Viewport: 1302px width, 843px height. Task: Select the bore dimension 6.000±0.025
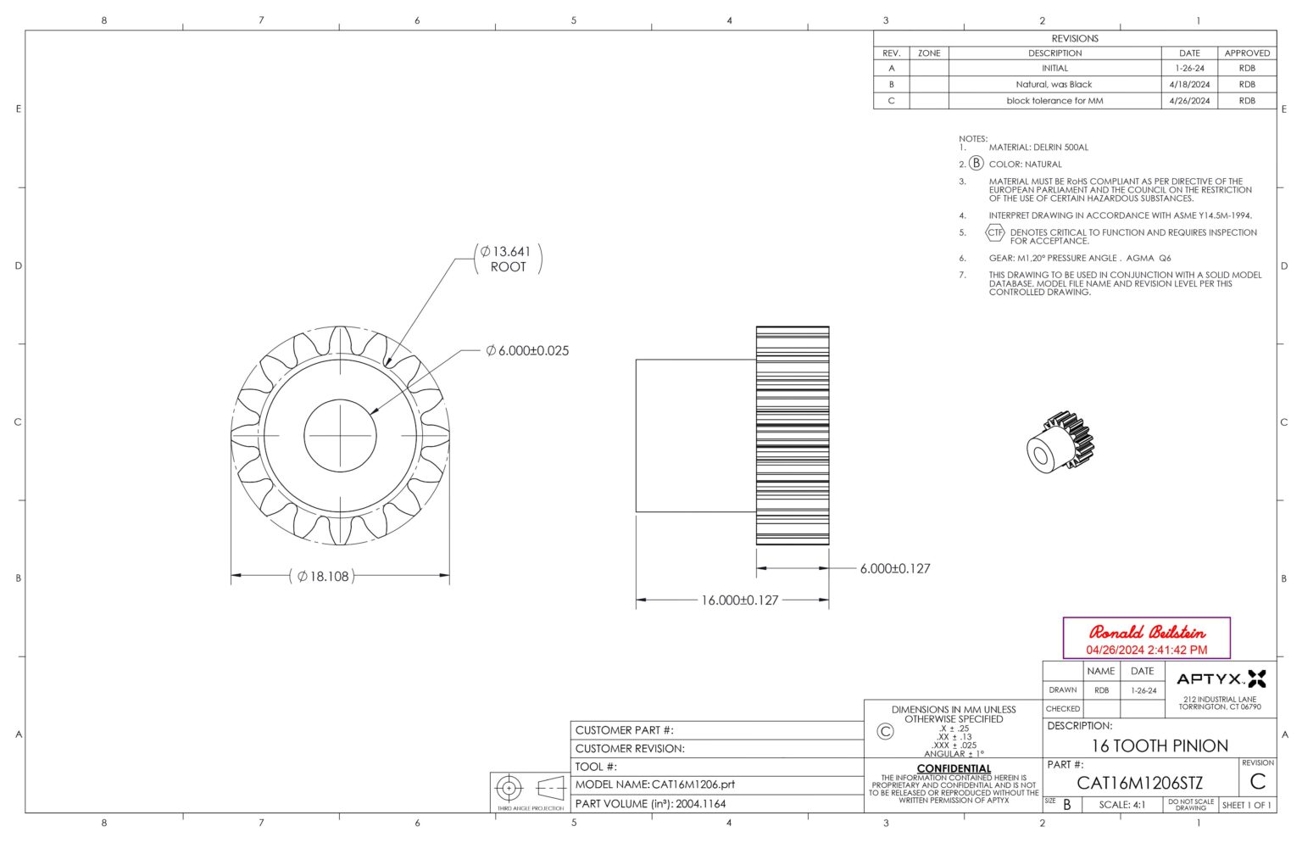527,350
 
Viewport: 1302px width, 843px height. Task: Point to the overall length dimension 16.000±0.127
739,600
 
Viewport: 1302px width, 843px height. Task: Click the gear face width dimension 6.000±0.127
894,569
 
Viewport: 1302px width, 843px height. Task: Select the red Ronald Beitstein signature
1146,633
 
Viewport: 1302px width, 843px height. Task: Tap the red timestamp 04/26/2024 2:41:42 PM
1146,650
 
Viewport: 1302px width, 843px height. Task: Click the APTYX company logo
1221,678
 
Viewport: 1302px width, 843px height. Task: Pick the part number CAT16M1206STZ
1139,783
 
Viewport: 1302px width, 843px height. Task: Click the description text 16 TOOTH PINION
1159,746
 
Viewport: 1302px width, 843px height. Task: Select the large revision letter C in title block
1257,782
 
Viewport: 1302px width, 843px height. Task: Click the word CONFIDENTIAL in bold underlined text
954,768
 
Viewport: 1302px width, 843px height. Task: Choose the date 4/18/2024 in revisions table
1189,85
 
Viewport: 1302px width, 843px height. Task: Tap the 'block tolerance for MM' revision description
1054,101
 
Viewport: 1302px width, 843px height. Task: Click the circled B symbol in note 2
976,164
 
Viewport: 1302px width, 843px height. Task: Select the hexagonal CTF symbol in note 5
994,232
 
